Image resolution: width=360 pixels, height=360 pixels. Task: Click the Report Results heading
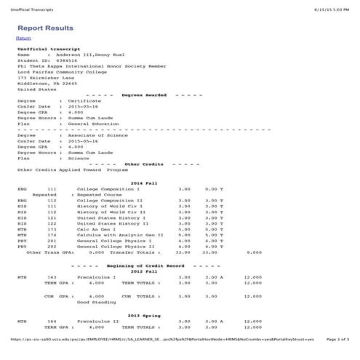(46, 28)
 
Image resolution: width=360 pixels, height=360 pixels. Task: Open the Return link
(23, 38)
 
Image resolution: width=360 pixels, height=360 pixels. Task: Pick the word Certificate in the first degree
(80, 101)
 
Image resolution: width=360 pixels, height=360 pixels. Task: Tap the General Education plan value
(92, 124)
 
